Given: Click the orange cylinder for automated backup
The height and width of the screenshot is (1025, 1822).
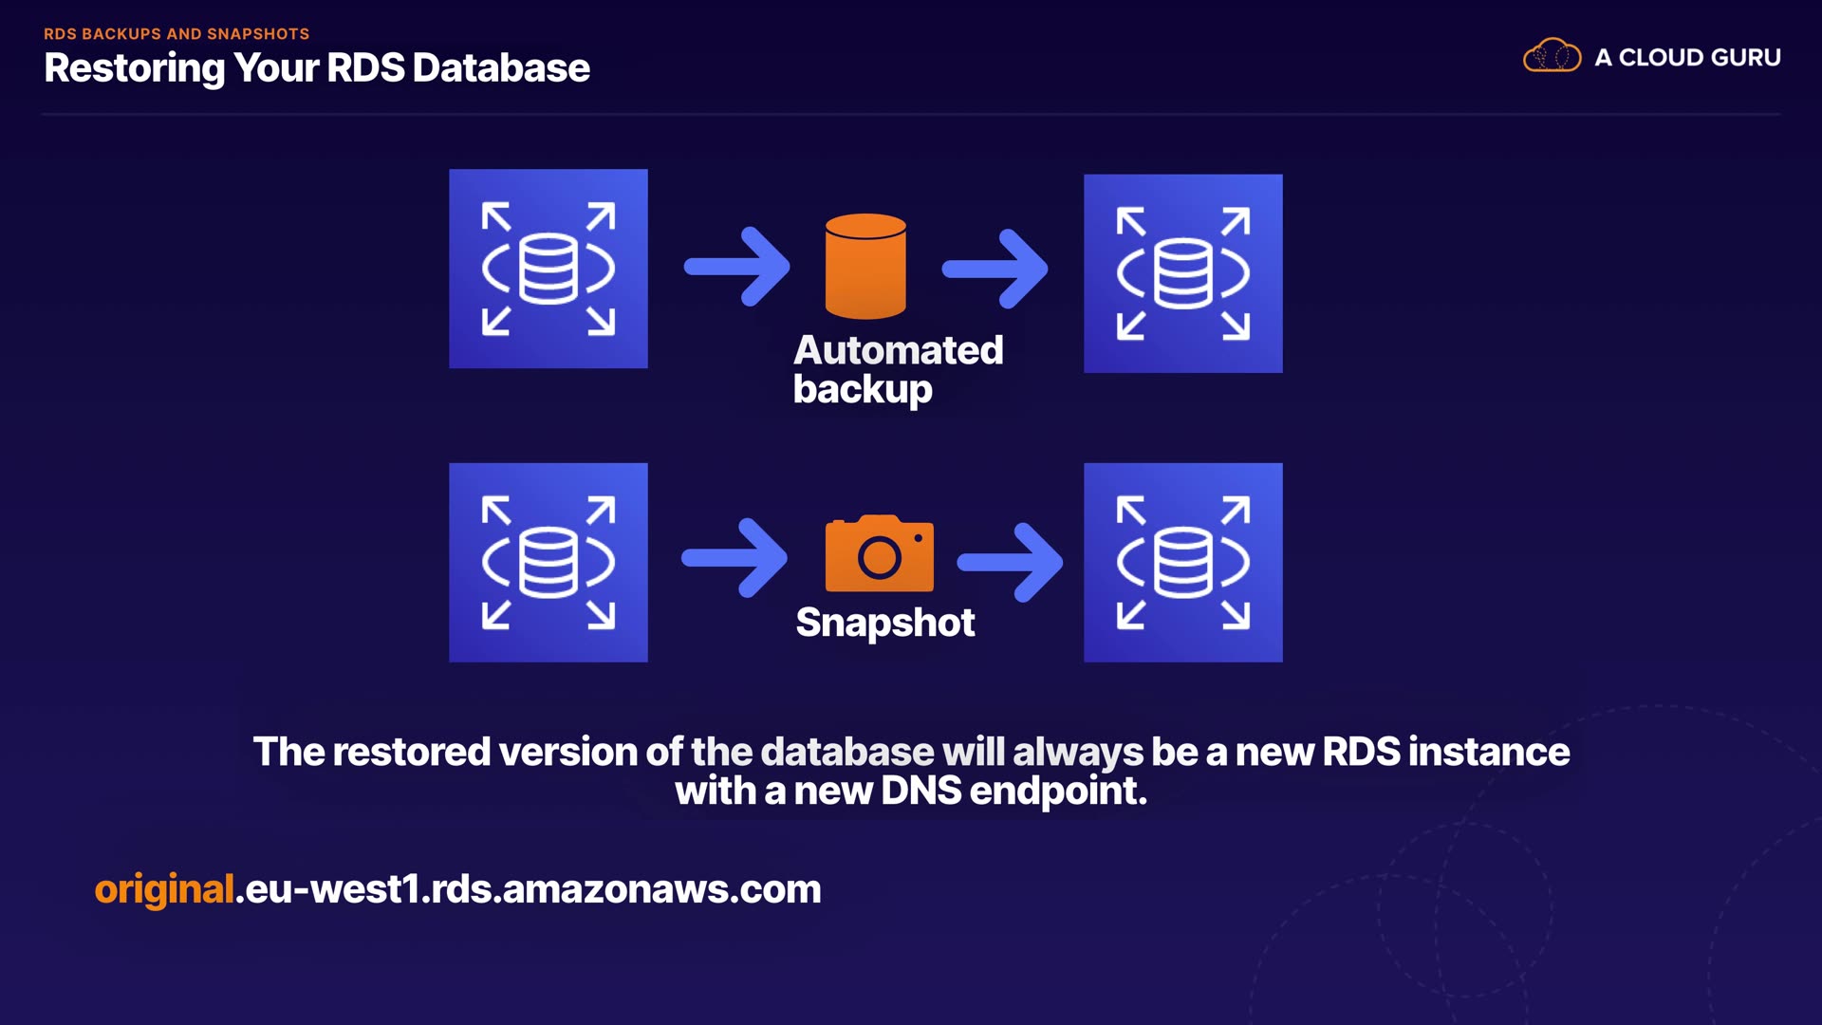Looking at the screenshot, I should click(x=865, y=267).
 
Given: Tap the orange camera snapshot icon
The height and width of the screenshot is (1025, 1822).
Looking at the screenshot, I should click(x=880, y=554).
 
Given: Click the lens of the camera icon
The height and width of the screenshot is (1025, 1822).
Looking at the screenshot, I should click(x=880, y=557).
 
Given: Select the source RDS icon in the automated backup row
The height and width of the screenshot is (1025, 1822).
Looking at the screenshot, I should click(x=548, y=269).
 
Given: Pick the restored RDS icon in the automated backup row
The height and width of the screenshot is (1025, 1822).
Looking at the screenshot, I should click(x=1182, y=273).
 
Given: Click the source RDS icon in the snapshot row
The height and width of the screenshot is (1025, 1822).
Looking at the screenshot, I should click(x=548, y=563).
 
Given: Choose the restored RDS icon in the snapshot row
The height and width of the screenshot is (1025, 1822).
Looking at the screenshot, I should click(x=1182, y=563).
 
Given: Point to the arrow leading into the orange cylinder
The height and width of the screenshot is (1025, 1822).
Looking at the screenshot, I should click(x=738, y=267).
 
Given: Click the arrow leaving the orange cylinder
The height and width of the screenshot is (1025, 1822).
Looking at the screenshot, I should click(x=995, y=269).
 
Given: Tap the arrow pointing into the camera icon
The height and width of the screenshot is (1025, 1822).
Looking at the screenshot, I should click(x=735, y=558).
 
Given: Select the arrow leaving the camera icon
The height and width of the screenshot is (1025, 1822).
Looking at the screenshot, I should click(x=1011, y=562).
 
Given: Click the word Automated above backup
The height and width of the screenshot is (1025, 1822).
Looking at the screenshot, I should click(x=898, y=350).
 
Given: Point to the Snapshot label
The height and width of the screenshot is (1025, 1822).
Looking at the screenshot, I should click(x=884, y=623).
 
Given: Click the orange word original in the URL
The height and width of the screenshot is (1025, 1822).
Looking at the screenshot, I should click(x=164, y=889).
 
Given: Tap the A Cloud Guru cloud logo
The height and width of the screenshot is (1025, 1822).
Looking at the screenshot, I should click(x=1552, y=56).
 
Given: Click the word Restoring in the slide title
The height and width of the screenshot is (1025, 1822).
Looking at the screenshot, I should click(x=134, y=68).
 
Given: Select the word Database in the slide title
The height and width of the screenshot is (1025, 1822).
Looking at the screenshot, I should click(x=501, y=68).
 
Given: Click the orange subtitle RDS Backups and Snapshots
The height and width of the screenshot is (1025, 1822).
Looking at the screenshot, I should click(x=177, y=34).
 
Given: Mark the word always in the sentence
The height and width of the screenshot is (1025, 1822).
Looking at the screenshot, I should click(x=1078, y=752).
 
